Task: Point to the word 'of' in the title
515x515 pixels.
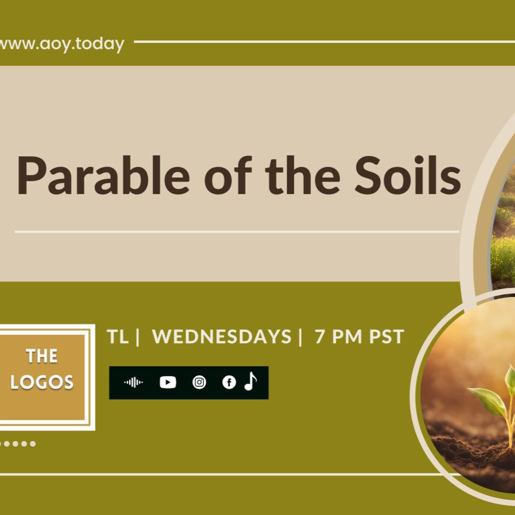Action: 228,176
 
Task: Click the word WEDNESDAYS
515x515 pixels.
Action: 221,337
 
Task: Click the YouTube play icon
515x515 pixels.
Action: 168,382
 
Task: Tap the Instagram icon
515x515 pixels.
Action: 199,382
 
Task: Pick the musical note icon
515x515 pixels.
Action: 250,381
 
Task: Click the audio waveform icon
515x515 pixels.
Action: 133,382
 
